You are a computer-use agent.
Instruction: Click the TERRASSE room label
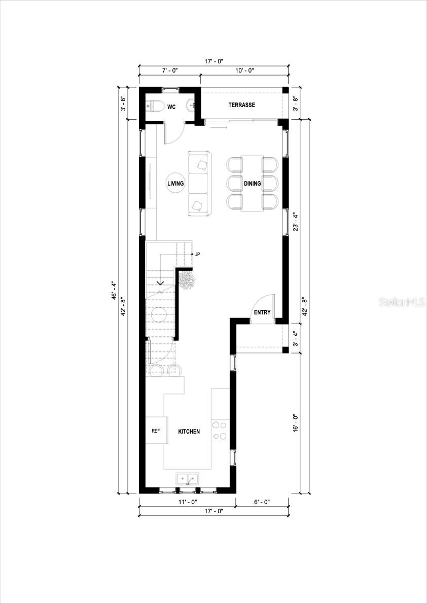click(x=241, y=105)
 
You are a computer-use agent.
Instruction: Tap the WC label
click(x=171, y=106)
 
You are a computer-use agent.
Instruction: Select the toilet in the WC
click(x=154, y=106)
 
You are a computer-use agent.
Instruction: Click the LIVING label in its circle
click(x=176, y=184)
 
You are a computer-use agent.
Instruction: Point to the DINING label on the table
click(x=252, y=184)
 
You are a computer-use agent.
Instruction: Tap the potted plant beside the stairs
click(x=187, y=280)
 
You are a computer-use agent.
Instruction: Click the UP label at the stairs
click(x=197, y=254)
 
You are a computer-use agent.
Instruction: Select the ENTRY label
click(x=262, y=312)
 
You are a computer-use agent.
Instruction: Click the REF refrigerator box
click(x=155, y=431)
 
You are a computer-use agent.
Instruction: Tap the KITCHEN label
click(x=189, y=432)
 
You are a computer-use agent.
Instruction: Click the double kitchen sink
click(x=188, y=478)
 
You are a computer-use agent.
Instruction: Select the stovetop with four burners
click(x=220, y=431)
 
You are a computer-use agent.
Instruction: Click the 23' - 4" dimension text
click(x=295, y=222)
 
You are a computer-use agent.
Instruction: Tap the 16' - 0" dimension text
click(x=295, y=423)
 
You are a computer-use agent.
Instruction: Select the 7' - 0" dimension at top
click(x=169, y=70)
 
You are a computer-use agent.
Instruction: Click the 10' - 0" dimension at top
click(x=244, y=70)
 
